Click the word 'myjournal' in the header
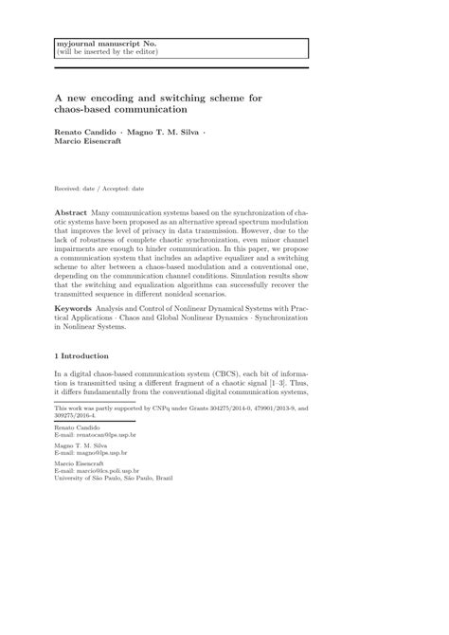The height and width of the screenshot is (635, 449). [x=74, y=44]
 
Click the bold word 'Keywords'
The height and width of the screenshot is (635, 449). [x=78, y=307]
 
